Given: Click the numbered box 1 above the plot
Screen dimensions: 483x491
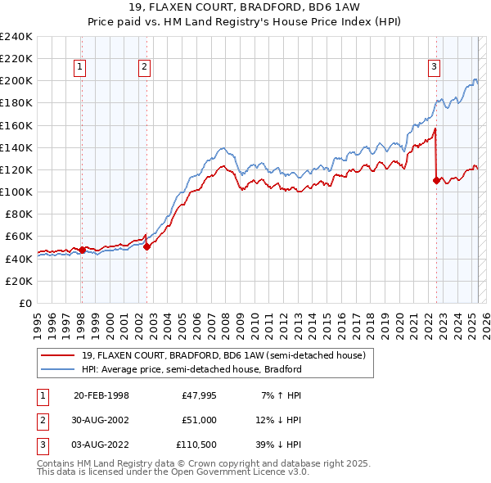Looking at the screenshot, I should pyautogui.click(x=81, y=68).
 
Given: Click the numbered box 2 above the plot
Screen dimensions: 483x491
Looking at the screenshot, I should pyautogui.click(x=144, y=68).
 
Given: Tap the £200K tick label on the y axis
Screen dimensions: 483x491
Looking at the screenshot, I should pyautogui.click(x=16, y=81).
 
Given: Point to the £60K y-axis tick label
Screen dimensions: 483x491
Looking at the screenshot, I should pyautogui.click(x=19, y=237).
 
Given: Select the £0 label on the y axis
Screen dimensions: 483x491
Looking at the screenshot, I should pyautogui.click(x=26, y=303).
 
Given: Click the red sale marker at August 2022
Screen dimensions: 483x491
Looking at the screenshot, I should pyautogui.click(x=436, y=180).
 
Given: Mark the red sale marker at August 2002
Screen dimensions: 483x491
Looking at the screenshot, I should pyautogui.click(x=146, y=246).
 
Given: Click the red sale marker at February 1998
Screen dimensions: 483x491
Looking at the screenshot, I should pyautogui.click(x=82, y=250).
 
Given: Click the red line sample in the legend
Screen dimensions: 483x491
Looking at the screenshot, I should pyautogui.click(x=57, y=354).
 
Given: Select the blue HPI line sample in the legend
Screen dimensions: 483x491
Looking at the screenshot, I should pyautogui.click(x=57, y=369).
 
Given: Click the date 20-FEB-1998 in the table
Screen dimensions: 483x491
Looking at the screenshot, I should pyautogui.click(x=101, y=395).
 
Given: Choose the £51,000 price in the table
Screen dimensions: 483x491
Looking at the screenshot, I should pyautogui.click(x=199, y=421).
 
